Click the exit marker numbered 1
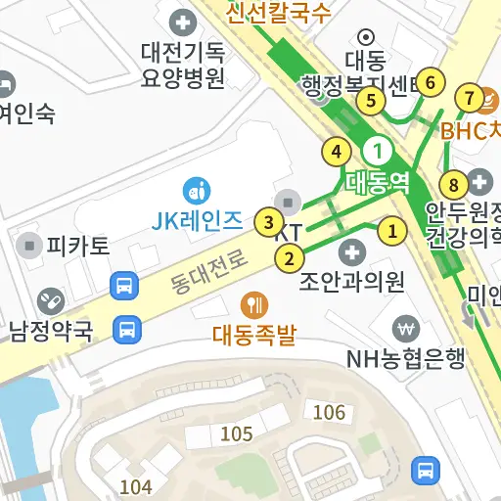(x=392, y=232)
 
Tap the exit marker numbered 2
(x=289, y=259)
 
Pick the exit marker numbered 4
(x=337, y=152)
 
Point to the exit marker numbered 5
(x=370, y=100)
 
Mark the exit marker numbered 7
(x=470, y=98)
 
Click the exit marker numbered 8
(x=453, y=184)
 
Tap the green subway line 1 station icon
(x=378, y=151)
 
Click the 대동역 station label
(x=377, y=181)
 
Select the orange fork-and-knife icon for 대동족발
(x=254, y=304)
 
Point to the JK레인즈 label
(x=197, y=220)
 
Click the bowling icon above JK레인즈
(x=197, y=187)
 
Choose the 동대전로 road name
(x=208, y=270)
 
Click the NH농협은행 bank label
(x=405, y=359)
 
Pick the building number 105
(x=237, y=433)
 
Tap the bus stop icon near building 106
(x=425, y=470)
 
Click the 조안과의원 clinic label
(x=352, y=283)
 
